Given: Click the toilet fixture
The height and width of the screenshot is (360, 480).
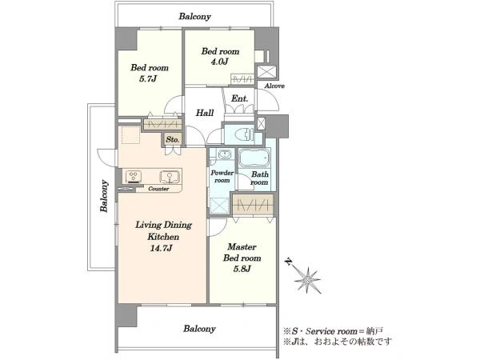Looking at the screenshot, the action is [x=244, y=134].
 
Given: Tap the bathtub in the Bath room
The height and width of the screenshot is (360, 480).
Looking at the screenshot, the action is [x=254, y=158].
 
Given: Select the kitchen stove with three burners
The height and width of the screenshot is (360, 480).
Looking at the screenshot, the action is [x=134, y=177].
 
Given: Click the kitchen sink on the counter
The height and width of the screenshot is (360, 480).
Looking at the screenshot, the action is [x=169, y=177].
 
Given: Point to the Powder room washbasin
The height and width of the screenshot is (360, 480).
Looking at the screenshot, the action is [x=223, y=154].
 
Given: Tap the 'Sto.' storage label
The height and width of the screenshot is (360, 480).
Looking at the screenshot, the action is [x=172, y=140].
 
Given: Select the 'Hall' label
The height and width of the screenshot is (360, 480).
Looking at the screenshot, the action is [x=205, y=113].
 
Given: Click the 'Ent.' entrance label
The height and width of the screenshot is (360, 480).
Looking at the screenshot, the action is [x=239, y=98].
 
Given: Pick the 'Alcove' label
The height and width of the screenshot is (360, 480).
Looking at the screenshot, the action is [x=274, y=86].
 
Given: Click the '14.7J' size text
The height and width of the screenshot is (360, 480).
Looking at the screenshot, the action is [x=161, y=248].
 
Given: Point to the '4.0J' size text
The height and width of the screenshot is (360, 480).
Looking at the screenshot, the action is [x=219, y=62].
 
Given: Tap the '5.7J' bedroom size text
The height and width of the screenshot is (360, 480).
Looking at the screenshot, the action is [x=148, y=78].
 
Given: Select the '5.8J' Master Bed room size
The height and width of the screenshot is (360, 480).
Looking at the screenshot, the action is [x=242, y=269].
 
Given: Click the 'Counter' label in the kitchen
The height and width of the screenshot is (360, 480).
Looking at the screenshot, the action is [x=158, y=189].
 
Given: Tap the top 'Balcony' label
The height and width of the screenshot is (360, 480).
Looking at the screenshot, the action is [x=194, y=16].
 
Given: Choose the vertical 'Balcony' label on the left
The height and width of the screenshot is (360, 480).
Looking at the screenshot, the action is [x=104, y=196].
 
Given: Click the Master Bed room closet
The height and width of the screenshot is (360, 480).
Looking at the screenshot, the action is [x=253, y=204].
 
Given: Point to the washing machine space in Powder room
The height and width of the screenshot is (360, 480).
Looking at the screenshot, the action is [x=219, y=206].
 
